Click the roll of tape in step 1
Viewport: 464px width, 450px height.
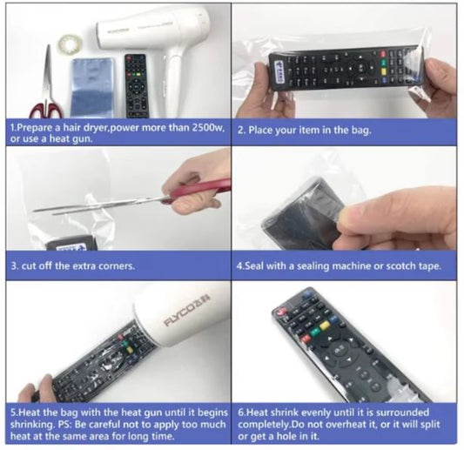click(71, 45)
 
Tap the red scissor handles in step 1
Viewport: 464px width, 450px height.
click(46, 110)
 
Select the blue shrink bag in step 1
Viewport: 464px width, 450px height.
click(92, 88)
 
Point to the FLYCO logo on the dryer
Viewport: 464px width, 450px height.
click(187, 310)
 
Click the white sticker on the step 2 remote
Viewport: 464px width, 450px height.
click(279, 71)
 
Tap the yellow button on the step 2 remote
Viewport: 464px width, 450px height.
click(384, 71)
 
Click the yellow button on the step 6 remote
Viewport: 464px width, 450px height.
click(325, 326)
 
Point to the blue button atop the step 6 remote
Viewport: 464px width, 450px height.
click(308, 294)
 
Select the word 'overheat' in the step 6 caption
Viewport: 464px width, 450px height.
click(335, 424)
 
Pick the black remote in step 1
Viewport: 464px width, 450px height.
click(136, 86)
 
